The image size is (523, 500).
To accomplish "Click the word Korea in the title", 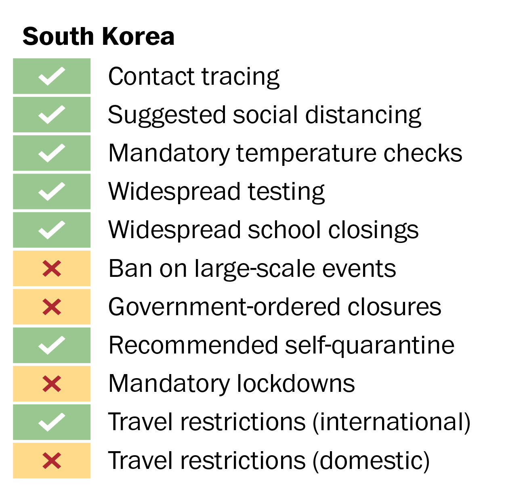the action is [138, 36].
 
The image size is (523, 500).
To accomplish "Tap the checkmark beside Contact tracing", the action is [52, 76].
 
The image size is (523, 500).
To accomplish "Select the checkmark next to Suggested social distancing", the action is [52, 115].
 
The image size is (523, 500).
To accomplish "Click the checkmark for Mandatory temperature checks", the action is [52, 153].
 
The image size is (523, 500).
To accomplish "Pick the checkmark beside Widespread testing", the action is [52, 191].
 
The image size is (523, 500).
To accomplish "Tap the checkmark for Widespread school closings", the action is [52, 230].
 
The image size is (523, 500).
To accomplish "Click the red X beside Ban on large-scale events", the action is [52, 268].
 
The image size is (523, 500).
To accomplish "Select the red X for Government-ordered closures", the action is [52, 307].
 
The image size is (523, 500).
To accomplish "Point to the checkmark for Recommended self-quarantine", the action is [52, 345].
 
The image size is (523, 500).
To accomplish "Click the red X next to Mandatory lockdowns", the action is [52, 383].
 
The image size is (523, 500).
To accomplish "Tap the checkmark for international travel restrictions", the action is [52, 422].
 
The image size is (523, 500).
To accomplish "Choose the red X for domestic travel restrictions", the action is [52, 460].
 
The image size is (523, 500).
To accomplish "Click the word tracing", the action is [241, 77].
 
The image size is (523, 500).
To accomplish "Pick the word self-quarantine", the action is [370, 346].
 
